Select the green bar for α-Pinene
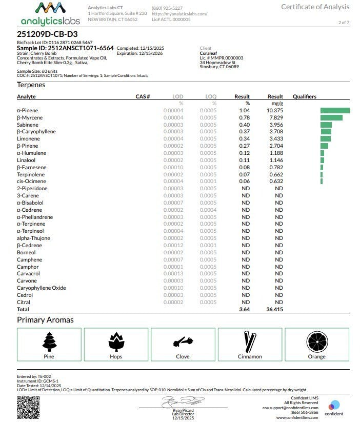click(x=335, y=110)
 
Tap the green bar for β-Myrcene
click(x=331, y=117)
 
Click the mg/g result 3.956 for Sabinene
click(x=275, y=125)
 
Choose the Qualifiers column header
click(x=304, y=96)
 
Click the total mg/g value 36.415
click(x=274, y=310)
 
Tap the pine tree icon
click(x=49, y=341)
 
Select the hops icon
click(x=116, y=341)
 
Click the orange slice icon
click(x=316, y=341)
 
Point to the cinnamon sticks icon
click(x=250, y=341)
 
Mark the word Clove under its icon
click(x=183, y=356)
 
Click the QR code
click(x=28, y=406)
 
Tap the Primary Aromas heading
click(x=45, y=320)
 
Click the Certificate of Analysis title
click(x=315, y=7)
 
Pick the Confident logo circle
click(x=334, y=405)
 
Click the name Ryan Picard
click(x=183, y=410)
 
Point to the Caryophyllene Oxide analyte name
click(x=41, y=288)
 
